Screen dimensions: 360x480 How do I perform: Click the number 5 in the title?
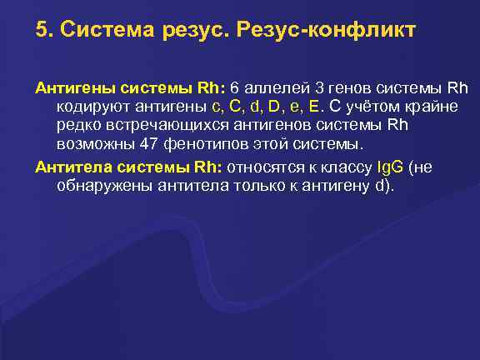coord(41,31)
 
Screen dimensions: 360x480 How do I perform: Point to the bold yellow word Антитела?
coord(69,167)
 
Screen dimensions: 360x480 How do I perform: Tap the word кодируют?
coord(92,107)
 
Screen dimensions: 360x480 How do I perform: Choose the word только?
coord(252,186)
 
